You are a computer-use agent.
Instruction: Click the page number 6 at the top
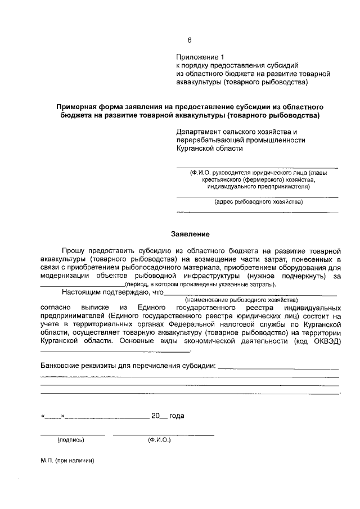pos(190,40)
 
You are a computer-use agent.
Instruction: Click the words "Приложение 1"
pos(200,57)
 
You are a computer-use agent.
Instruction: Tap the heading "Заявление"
pos(190,233)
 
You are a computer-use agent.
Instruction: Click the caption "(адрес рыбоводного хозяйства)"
pos(258,201)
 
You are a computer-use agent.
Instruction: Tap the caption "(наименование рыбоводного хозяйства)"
pos(249,300)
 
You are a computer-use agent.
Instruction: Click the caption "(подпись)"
pos(71,440)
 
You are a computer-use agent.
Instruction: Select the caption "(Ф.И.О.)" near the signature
pos(159,440)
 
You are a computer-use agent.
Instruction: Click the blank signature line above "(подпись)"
pos(73,435)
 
